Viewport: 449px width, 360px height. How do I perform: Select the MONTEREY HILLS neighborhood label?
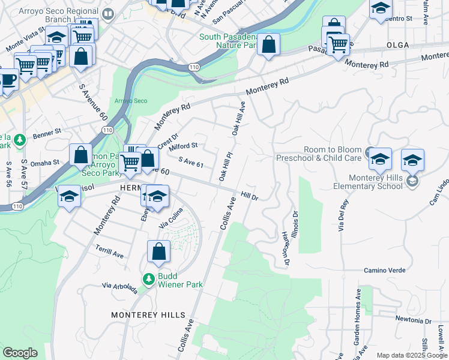pos(142,314)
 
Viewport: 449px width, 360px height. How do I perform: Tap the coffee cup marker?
pos(8,79)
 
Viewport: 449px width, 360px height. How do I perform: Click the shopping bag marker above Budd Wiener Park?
pos(158,252)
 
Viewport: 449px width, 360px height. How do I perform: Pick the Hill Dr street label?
pos(249,196)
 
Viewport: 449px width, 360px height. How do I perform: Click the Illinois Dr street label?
pos(294,222)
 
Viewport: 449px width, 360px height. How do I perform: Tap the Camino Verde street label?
pos(382,271)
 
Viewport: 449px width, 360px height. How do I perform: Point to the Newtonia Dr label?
pos(414,320)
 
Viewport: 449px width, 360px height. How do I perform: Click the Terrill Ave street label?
pos(110,251)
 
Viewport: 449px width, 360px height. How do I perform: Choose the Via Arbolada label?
pos(119,289)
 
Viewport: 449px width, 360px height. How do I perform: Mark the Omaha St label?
pos(46,162)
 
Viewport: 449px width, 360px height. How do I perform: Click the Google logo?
pos(20,353)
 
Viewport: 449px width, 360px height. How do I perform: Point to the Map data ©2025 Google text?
pos(411,355)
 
